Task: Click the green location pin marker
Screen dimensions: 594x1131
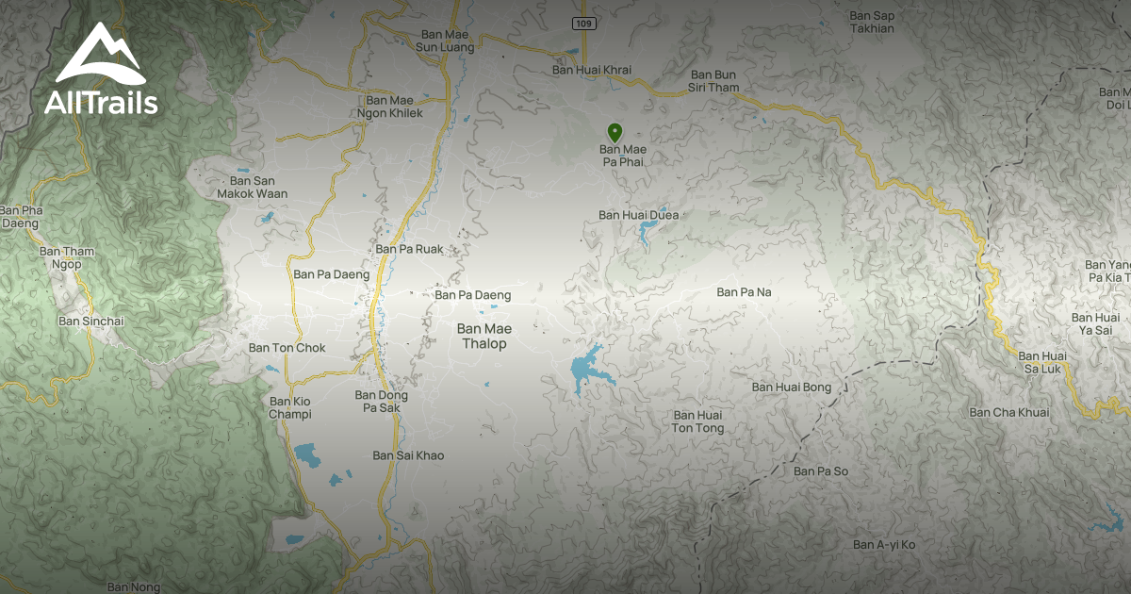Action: [x=615, y=133]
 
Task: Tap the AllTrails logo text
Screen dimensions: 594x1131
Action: [x=101, y=103]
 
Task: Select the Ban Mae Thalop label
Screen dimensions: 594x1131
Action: [x=484, y=336]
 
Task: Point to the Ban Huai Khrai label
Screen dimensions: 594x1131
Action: [x=591, y=70]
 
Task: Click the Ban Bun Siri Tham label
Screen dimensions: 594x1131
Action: [x=714, y=81]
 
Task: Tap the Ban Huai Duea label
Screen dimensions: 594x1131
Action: [x=638, y=215]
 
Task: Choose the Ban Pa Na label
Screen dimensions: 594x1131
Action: [x=744, y=292]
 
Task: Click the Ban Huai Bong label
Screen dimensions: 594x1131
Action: [x=791, y=387]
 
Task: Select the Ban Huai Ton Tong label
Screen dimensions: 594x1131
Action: [x=698, y=421]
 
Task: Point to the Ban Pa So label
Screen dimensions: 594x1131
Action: [x=820, y=470]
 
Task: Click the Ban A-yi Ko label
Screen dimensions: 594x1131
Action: [x=884, y=545]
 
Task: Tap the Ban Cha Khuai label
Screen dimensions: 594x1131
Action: [x=1008, y=412]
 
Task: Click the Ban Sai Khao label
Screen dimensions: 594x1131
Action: [x=407, y=455]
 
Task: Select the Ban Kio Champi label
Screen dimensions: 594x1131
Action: [x=289, y=407]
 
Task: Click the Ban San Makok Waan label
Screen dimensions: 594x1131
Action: [x=252, y=187]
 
